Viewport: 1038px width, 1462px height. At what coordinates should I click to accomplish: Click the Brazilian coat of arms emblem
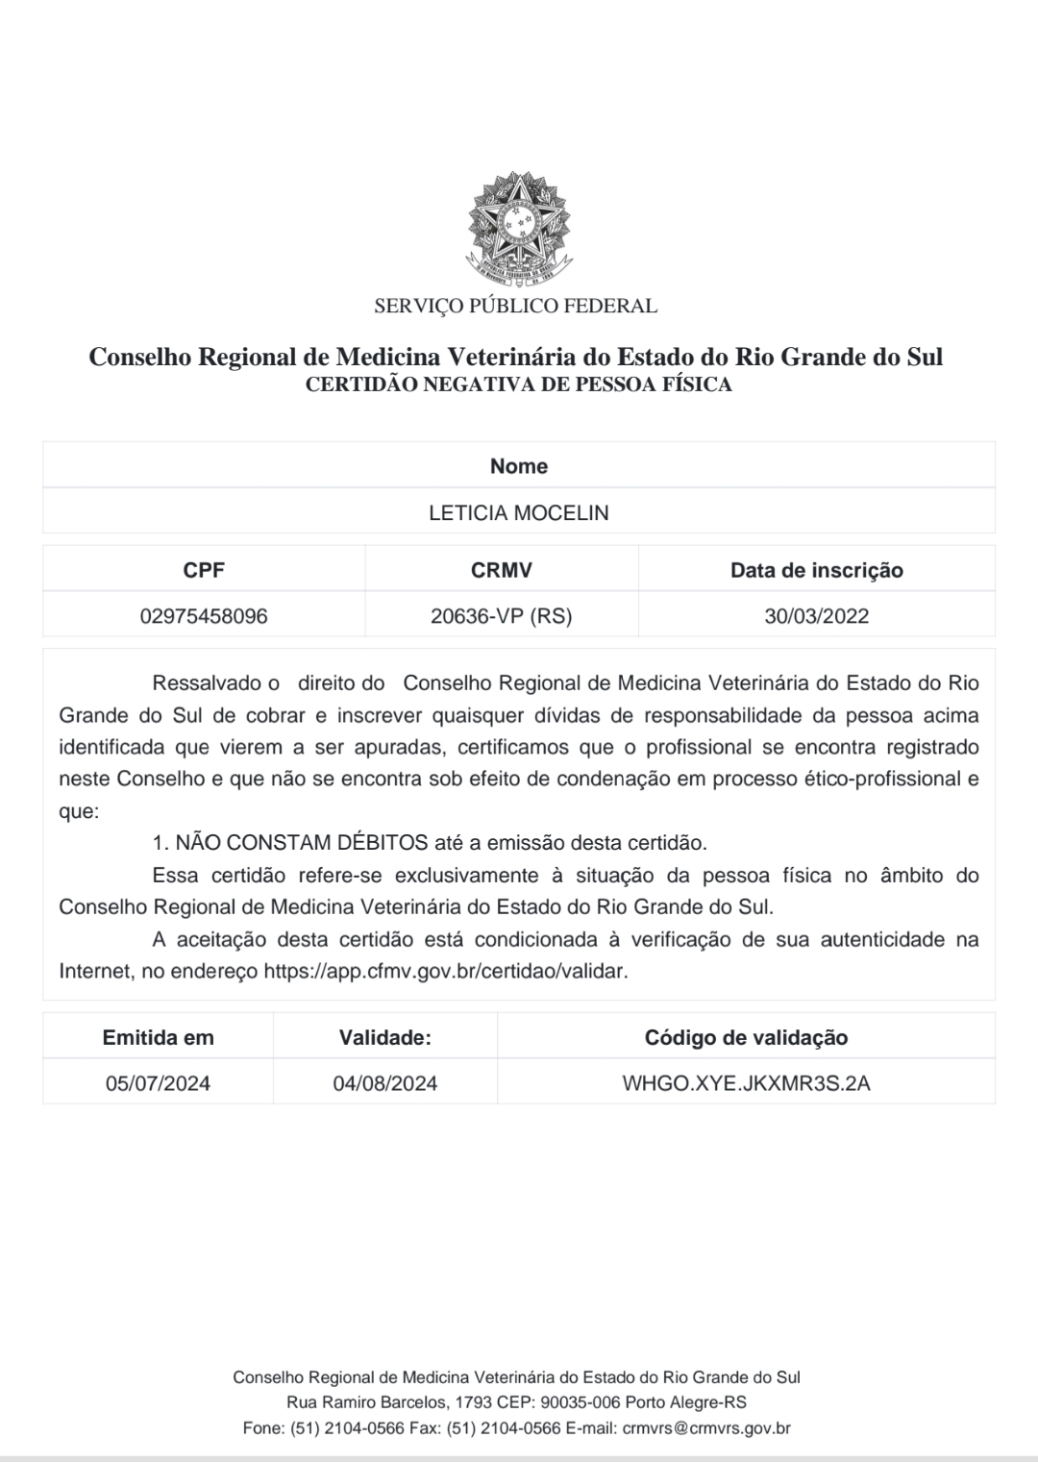(x=519, y=227)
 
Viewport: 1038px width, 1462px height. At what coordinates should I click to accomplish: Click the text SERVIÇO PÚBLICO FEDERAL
(x=516, y=307)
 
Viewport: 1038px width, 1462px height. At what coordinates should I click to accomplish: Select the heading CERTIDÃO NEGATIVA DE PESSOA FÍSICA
(x=518, y=385)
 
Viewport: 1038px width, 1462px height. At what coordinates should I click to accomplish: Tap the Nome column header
(x=519, y=466)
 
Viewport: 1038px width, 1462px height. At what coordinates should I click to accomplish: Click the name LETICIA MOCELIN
(x=519, y=513)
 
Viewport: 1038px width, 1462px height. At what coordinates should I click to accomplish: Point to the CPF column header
(x=204, y=570)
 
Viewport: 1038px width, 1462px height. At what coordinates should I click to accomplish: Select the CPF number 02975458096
(x=204, y=616)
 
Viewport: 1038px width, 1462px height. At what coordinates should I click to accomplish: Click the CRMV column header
(x=502, y=570)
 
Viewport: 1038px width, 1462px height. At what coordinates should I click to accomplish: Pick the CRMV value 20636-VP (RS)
(x=502, y=616)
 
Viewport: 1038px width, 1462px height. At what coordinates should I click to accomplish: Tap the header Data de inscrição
(x=817, y=570)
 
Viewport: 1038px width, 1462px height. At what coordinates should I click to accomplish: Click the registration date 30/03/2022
(x=817, y=616)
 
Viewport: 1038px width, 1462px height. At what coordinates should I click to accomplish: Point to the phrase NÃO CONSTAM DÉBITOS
(x=302, y=843)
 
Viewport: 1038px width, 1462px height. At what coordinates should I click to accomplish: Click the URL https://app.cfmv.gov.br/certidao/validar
(x=445, y=971)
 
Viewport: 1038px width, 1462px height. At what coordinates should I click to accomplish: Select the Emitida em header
(x=159, y=1038)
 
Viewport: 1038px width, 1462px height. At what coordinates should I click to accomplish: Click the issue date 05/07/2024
(x=159, y=1084)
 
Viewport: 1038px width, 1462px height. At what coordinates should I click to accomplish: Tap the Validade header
(x=385, y=1038)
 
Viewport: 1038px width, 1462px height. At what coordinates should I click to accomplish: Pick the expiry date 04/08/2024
(x=385, y=1084)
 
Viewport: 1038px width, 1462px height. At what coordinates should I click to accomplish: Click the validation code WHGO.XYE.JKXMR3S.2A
(x=747, y=1084)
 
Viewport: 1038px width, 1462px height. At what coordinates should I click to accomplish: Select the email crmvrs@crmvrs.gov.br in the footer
(x=706, y=1428)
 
